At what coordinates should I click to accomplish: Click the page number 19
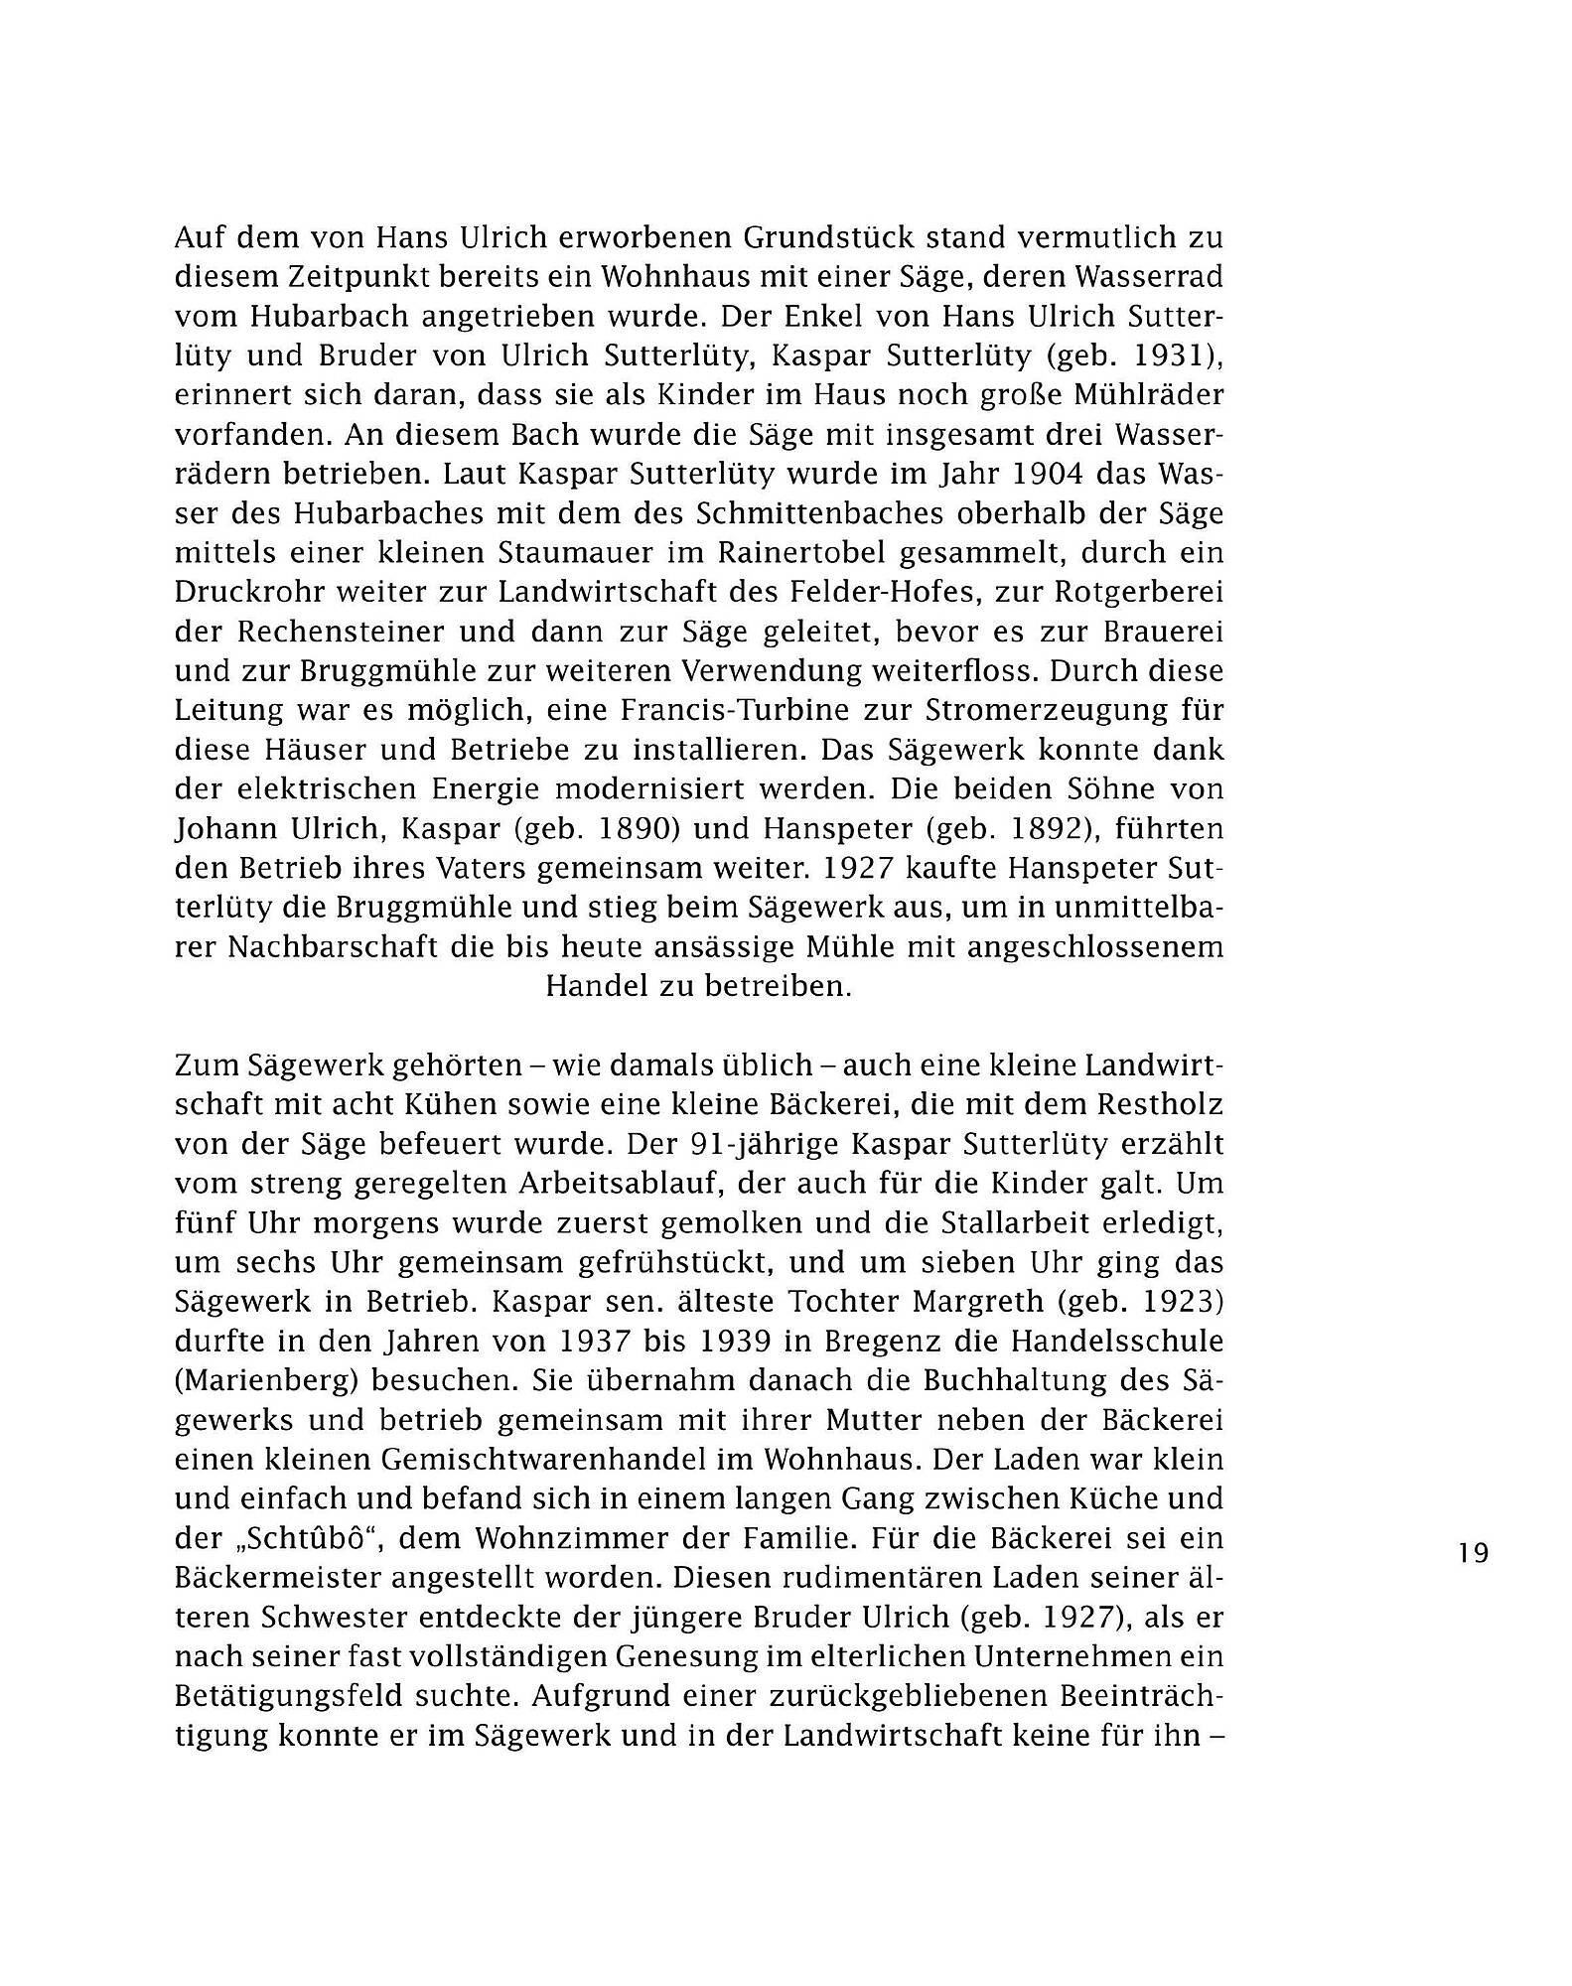click(x=1475, y=1553)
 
